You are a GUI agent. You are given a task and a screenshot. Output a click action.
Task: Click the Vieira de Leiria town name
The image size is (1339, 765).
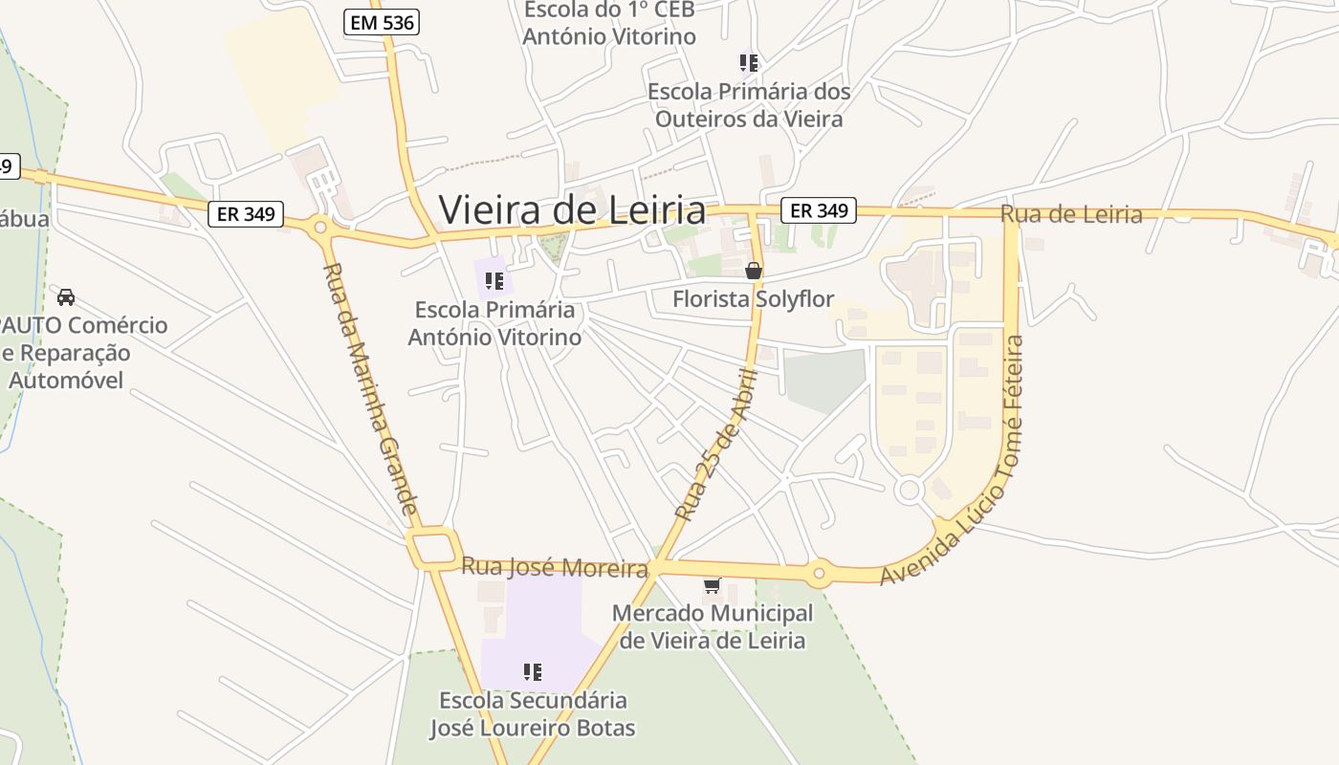pos(572,209)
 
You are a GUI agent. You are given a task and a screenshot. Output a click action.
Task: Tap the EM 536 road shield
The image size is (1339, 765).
pos(382,22)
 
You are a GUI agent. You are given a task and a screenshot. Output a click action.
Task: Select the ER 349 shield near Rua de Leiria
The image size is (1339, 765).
pos(818,210)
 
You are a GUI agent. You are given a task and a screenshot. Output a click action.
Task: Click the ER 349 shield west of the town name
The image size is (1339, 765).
pos(246,214)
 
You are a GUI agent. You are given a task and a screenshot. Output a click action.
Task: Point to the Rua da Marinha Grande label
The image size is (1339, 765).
pos(371,388)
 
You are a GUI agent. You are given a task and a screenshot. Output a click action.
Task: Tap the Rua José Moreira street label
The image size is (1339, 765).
pos(555,567)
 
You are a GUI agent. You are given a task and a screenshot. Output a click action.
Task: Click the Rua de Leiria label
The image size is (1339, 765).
pos(1071,214)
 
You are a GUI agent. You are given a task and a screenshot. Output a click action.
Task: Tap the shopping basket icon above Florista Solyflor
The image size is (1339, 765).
pos(754,271)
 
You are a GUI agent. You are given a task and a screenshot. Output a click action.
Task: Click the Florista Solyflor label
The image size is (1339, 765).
pos(754,299)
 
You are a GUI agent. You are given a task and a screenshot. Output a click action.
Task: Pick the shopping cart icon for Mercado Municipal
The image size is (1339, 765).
pos(712,585)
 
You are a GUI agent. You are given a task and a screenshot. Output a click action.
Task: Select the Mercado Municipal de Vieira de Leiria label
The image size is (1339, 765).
pos(713,626)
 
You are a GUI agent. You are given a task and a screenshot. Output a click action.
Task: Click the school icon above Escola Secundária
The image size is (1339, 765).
pos(533,672)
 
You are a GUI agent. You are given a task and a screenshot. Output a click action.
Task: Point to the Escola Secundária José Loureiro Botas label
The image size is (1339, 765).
pos(532,713)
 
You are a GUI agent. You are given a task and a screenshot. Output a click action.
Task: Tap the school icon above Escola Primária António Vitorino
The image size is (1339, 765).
pos(494,280)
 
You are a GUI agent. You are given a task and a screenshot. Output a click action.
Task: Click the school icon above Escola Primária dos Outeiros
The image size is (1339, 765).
pos(749,63)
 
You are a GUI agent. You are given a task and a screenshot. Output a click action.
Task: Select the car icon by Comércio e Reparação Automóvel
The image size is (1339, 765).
pos(66,296)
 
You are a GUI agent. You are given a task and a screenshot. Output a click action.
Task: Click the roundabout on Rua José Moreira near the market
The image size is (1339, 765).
pos(818,574)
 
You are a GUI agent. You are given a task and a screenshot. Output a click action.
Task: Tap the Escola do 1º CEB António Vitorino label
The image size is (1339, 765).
pos(608,24)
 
